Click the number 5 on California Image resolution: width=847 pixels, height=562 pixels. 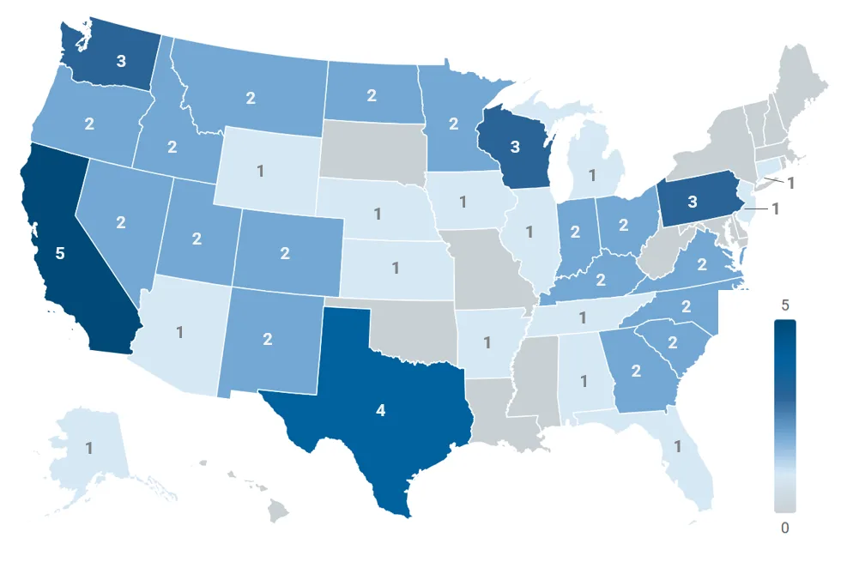(x=60, y=254)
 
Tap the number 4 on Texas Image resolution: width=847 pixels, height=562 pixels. (x=381, y=410)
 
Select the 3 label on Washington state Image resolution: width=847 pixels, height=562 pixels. (x=123, y=61)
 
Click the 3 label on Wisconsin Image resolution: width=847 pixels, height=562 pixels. (x=515, y=147)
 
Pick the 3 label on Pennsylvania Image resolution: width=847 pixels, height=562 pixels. (x=692, y=202)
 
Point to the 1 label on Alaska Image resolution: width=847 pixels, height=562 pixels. (x=89, y=447)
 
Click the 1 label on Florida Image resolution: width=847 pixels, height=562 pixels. (x=677, y=446)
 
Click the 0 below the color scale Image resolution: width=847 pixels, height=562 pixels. (x=784, y=528)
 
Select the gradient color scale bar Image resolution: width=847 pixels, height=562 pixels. (x=784, y=415)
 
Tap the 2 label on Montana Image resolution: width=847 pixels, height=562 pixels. (x=251, y=98)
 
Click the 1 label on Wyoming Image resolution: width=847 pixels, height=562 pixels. (x=260, y=170)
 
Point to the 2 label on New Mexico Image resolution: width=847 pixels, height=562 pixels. (x=268, y=339)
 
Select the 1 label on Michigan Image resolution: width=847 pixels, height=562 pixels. (x=591, y=175)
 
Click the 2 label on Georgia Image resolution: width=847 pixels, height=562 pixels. (x=636, y=371)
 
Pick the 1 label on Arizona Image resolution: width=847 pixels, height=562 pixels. (x=180, y=332)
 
